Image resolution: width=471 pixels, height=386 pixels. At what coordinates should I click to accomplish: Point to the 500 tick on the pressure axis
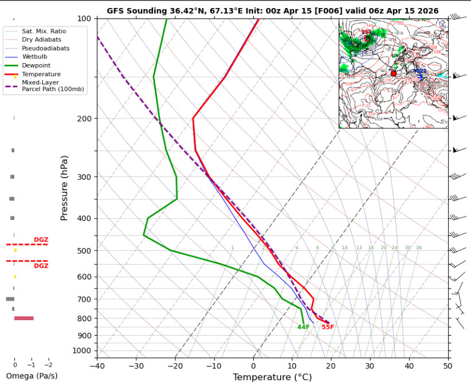(x=83, y=251)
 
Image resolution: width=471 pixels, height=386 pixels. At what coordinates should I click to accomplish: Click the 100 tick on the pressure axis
(x=83, y=19)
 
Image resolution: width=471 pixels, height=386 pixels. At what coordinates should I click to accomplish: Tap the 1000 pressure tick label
(x=81, y=350)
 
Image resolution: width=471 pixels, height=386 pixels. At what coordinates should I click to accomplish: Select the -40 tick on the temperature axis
(x=97, y=365)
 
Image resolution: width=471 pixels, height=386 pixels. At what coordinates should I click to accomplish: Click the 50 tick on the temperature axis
(x=447, y=365)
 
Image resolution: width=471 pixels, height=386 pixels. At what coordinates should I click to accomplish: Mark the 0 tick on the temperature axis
(x=253, y=365)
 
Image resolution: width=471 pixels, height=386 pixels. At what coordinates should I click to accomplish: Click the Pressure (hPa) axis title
(x=65, y=187)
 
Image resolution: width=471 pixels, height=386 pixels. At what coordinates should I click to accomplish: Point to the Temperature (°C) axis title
(x=272, y=377)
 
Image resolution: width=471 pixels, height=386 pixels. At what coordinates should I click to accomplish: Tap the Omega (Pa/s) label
(x=32, y=376)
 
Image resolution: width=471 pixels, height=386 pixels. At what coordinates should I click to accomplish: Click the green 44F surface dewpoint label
(x=303, y=327)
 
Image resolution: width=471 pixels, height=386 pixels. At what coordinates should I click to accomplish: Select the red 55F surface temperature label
(x=327, y=327)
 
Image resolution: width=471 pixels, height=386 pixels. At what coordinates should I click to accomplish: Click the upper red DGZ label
(x=41, y=239)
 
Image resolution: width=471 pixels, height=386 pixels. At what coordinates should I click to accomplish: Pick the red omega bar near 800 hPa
(x=24, y=318)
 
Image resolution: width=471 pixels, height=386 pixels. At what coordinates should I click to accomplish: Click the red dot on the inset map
(x=393, y=73)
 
